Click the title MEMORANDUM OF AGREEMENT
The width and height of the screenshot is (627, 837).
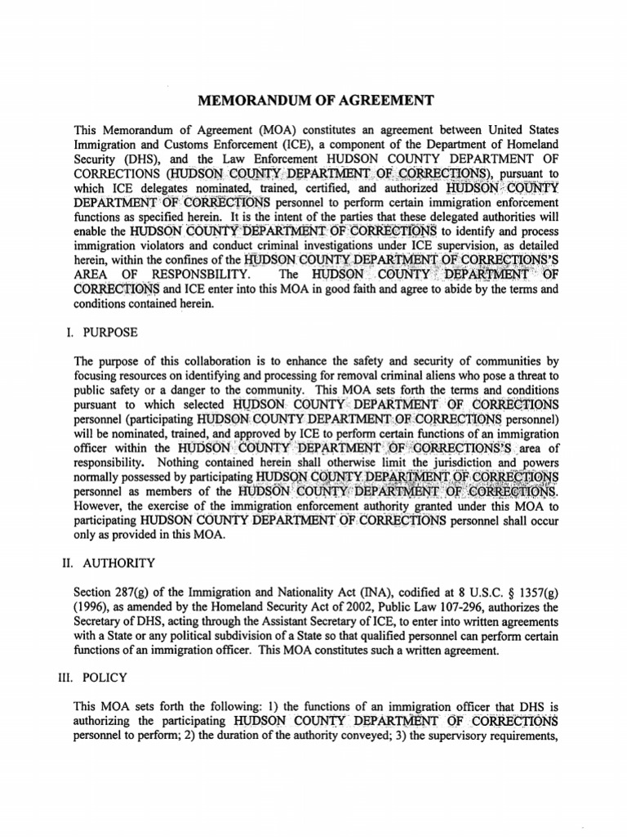(313, 101)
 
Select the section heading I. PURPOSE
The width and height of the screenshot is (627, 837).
(98, 333)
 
